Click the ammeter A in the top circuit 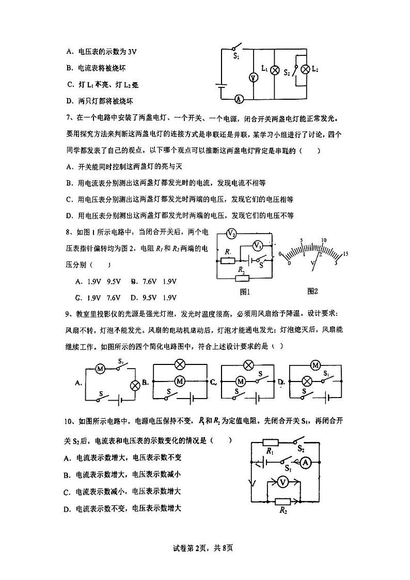tap(238, 99)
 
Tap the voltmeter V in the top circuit tap(253, 78)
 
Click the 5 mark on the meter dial tap(301, 241)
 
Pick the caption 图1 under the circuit tap(245, 291)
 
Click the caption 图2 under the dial tap(312, 291)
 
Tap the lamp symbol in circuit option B tap(180, 364)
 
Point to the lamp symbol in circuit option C tap(248, 365)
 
